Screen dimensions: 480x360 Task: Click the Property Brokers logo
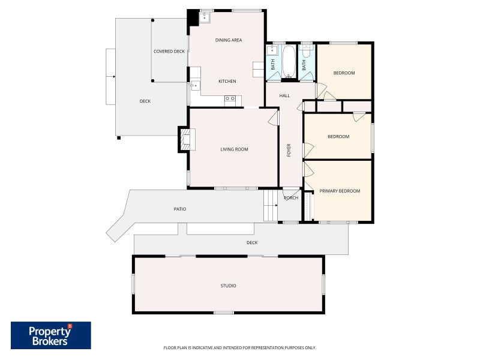[51, 335]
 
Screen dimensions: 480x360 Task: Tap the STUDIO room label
[229, 286]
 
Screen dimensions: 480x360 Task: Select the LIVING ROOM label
[234, 149]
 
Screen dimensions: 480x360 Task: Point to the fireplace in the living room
[185, 140]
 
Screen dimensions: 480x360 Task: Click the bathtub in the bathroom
[289, 62]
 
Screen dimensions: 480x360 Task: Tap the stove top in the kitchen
[230, 98]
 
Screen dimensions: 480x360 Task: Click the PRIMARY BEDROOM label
[340, 191]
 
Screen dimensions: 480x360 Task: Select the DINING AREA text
[229, 40]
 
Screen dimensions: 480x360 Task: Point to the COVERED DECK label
[169, 52]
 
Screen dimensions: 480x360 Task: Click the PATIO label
[180, 209]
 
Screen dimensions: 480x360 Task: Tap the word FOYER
[289, 151]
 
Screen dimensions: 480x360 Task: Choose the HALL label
[284, 96]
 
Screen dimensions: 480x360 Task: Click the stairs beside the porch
[271, 205]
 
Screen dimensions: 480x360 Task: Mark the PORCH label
[291, 198]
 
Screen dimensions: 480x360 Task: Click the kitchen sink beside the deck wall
[195, 85]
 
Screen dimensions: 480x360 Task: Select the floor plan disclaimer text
[239, 348]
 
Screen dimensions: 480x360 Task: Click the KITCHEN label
[227, 81]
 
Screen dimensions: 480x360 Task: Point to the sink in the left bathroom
[272, 50]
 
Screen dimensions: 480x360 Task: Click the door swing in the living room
[273, 118]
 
